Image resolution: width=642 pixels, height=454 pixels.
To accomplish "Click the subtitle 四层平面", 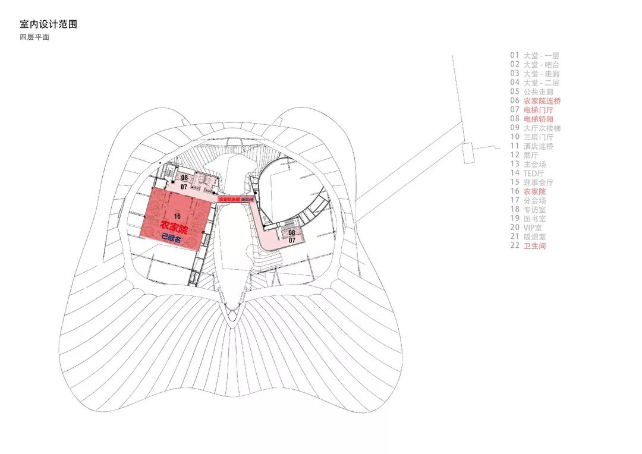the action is (x=34, y=37).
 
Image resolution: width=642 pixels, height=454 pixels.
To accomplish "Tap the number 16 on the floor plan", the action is (x=177, y=216).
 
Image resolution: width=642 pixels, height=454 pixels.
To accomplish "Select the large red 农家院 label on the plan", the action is (x=174, y=228).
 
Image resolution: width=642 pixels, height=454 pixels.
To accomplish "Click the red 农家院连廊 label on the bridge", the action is (x=229, y=200).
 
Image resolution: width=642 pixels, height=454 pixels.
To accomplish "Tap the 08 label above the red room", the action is (x=184, y=178).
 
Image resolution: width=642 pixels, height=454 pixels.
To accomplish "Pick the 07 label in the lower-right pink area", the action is (x=292, y=241).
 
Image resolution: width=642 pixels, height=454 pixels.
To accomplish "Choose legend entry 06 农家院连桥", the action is (x=535, y=101).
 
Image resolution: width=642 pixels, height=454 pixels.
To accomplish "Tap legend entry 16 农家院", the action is (x=527, y=191).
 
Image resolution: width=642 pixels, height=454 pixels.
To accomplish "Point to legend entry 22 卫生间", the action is (x=527, y=245).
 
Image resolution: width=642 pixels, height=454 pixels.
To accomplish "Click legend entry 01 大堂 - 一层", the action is (x=534, y=56).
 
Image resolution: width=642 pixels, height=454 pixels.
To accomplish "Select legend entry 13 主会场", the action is (x=527, y=164).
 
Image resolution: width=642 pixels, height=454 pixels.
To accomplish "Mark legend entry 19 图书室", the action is (x=527, y=219).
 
